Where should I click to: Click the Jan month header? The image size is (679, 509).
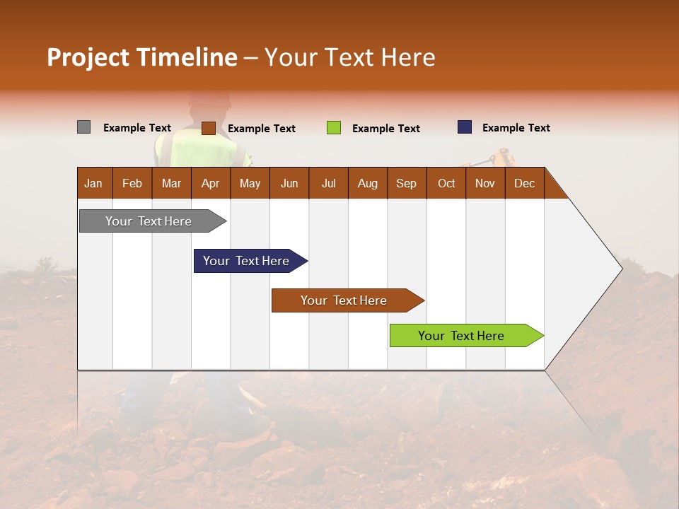93,183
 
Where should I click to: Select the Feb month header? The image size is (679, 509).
132,183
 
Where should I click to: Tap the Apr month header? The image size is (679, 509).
210,183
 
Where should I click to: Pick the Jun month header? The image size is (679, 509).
289,183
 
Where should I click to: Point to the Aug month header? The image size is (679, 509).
367,183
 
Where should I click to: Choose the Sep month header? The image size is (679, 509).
406,183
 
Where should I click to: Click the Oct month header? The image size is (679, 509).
446,183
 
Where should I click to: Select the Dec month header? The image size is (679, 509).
524,183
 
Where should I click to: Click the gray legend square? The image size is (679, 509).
83,127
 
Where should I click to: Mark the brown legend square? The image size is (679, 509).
208,128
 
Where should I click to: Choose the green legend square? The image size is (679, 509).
333,128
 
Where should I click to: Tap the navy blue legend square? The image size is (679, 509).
464,127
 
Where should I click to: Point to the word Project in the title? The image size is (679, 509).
88,57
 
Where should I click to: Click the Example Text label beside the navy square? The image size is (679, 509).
516,128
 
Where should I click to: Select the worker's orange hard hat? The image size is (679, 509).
210,99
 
